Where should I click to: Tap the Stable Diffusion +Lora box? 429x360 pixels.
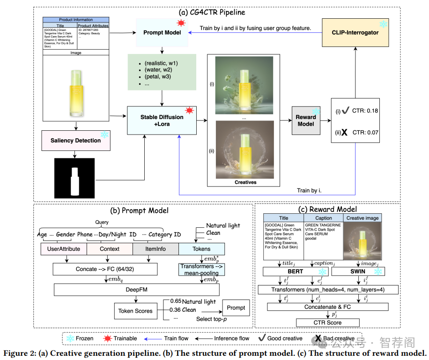(x=163, y=120)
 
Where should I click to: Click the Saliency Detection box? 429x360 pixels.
(x=76, y=141)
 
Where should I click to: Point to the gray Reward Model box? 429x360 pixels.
(x=306, y=120)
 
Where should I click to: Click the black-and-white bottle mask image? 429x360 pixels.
(x=75, y=177)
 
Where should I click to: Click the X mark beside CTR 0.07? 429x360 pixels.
(x=344, y=133)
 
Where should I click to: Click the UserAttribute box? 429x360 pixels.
(x=64, y=249)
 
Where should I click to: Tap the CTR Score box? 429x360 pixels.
(x=327, y=322)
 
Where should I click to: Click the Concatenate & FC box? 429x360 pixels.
(x=327, y=307)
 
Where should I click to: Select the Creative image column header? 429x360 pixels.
(x=363, y=218)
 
